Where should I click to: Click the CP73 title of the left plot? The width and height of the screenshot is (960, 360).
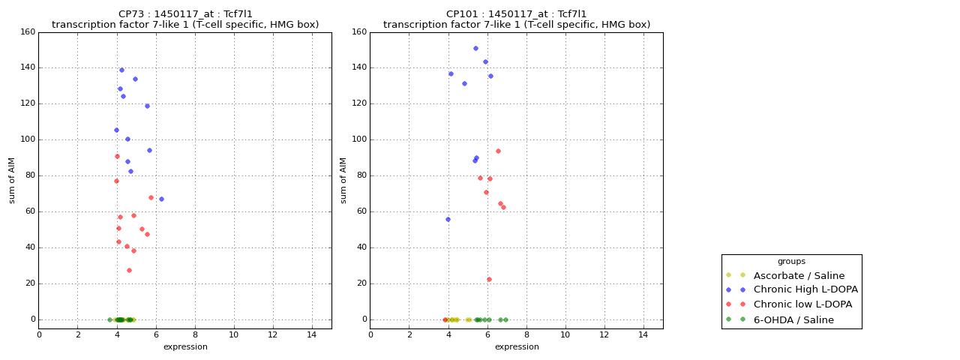[185, 14]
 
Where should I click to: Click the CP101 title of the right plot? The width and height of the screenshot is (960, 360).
[517, 14]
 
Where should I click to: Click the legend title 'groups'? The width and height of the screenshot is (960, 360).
[791, 261]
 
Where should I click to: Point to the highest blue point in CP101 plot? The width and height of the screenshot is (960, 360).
[475, 48]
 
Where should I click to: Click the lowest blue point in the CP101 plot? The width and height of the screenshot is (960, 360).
[448, 219]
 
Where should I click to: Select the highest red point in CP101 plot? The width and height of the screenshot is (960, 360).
[498, 151]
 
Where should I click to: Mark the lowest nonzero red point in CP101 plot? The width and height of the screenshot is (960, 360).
[489, 279]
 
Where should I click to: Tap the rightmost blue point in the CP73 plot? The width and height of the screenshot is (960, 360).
[161, 199]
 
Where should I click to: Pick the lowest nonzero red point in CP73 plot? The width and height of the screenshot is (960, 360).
[129, 270]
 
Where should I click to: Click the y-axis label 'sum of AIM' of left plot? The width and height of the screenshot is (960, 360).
[12, 180]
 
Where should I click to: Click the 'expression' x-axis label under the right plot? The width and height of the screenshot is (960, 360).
[517, 346]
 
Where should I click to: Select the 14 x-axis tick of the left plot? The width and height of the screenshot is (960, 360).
[312, 334]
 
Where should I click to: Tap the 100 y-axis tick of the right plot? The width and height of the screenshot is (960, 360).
[359, 139]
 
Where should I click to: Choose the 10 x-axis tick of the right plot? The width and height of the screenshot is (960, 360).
[565, 334]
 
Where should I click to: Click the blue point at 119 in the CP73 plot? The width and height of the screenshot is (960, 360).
[147, 106]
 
